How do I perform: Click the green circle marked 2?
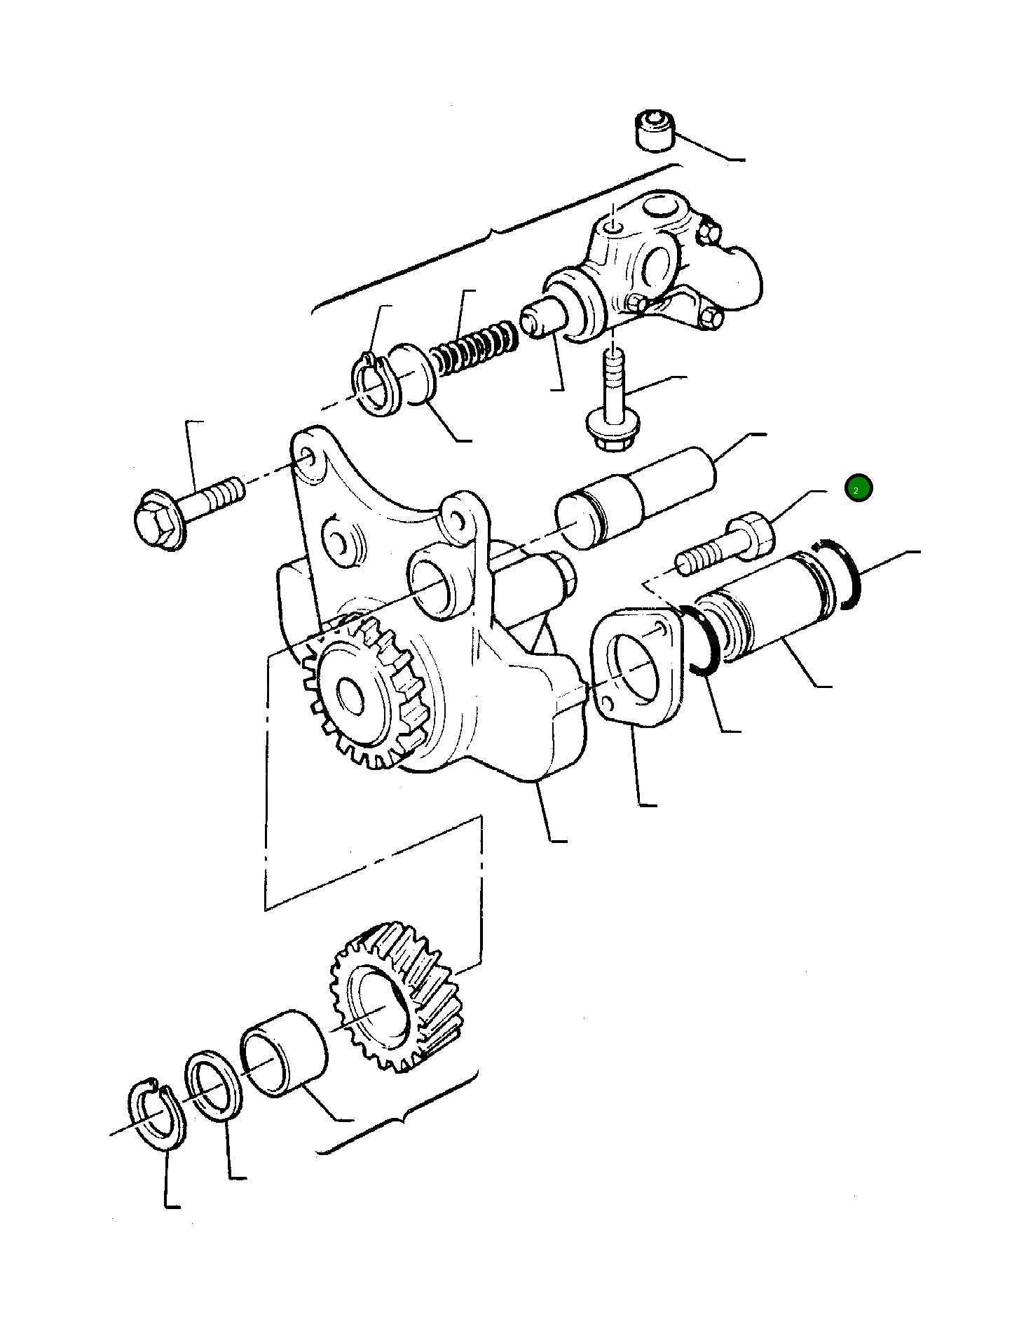pos(859,488)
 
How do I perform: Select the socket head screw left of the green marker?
pos(729,547)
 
